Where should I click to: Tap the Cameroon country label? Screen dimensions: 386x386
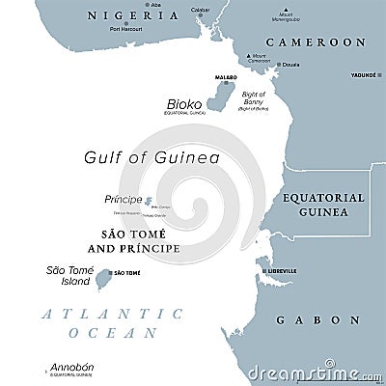[x=317, y=42]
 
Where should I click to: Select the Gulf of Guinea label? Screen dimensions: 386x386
[x=138, y=157]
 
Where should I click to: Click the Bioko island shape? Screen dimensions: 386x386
[x=228, y=97]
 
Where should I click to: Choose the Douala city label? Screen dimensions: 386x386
[x=289, y=66]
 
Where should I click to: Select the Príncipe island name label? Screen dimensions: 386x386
[x=123, y=200]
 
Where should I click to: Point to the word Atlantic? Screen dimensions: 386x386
[x=99, y=312]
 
